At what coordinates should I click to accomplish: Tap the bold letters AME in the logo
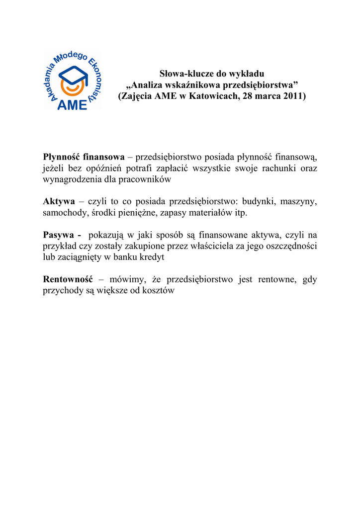click(72, 104)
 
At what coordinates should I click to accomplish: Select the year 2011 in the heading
click(293, 95)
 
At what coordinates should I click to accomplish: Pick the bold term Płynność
click(61, 157)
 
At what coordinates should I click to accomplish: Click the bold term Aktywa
click(59, 201)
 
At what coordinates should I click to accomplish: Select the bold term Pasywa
click(59, 235)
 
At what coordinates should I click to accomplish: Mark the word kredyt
click(153, 257)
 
